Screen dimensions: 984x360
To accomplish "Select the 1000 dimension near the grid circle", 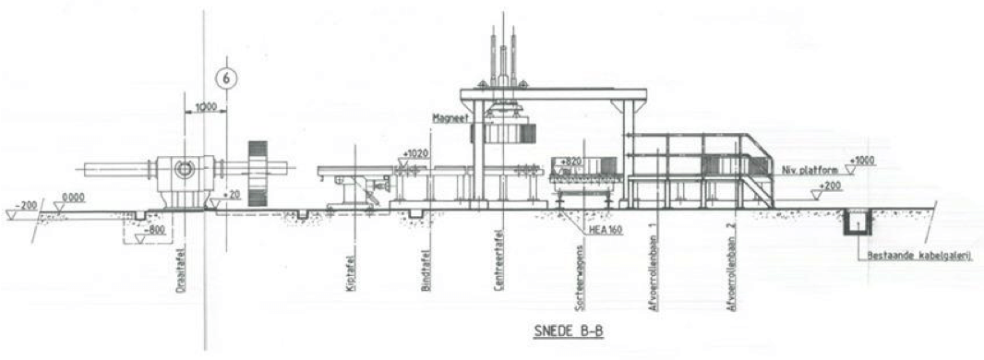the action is (206, 107).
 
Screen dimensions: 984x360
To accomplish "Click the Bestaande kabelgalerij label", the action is (913, 257).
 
